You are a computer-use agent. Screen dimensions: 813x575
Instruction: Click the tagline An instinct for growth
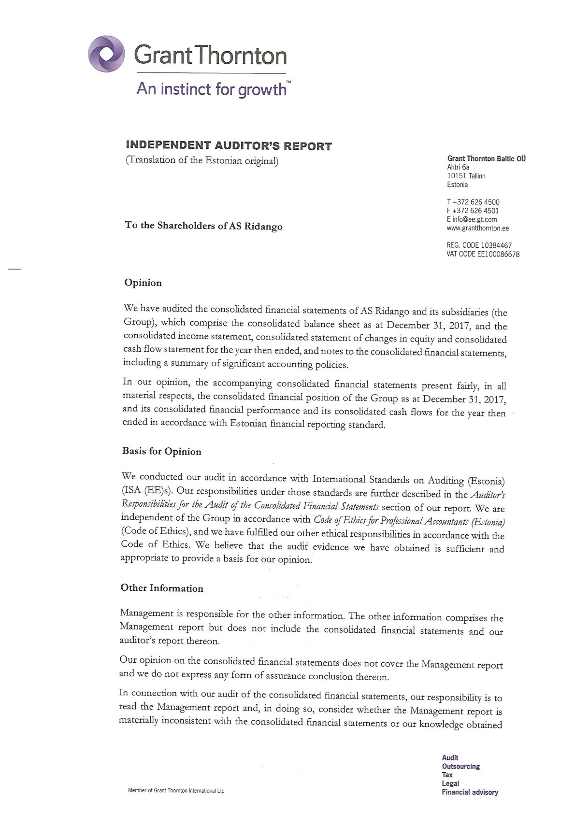point(213,89)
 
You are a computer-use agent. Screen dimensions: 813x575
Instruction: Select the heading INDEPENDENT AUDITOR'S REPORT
point(229,145)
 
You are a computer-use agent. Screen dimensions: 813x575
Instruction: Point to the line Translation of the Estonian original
point(201,160)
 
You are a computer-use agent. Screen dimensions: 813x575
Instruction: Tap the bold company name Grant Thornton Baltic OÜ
point(486,158)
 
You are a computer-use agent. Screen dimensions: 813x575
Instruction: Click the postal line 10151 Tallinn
point(466,176)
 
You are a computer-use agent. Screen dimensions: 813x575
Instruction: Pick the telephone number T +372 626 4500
point(473,202)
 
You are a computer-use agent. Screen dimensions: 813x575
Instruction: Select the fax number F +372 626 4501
point(473,211)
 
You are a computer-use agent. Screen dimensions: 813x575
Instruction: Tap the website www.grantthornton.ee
point(478,228)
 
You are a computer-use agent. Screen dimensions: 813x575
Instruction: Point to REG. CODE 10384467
point(479,245)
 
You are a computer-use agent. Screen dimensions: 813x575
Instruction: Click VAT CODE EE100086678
point(483,254)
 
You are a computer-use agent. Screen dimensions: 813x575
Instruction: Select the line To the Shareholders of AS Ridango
point(203,226)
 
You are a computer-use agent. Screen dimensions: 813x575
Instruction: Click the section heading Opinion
point(143,283)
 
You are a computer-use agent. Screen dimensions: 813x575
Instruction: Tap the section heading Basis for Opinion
point(161,452)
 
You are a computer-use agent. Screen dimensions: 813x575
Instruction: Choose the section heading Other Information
point(162,588)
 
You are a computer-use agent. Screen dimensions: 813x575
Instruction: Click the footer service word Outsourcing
point(460,766)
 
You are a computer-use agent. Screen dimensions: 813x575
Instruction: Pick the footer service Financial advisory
point(470,792)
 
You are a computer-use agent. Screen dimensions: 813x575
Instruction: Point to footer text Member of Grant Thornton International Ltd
point(176,791)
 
